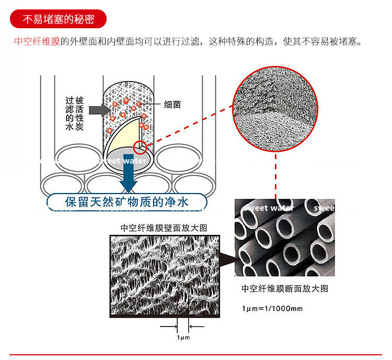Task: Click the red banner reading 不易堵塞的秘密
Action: [x=58, y=19]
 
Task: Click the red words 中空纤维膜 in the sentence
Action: [x=37, y=41]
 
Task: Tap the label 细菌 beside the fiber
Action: [x=172, y=104]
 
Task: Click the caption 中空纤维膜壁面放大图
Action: [x=164, y=228]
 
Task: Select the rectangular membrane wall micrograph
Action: [x=164, y=275]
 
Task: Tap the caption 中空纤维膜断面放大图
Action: [x=284, y=288]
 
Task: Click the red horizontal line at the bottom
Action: [x=196, y=354]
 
